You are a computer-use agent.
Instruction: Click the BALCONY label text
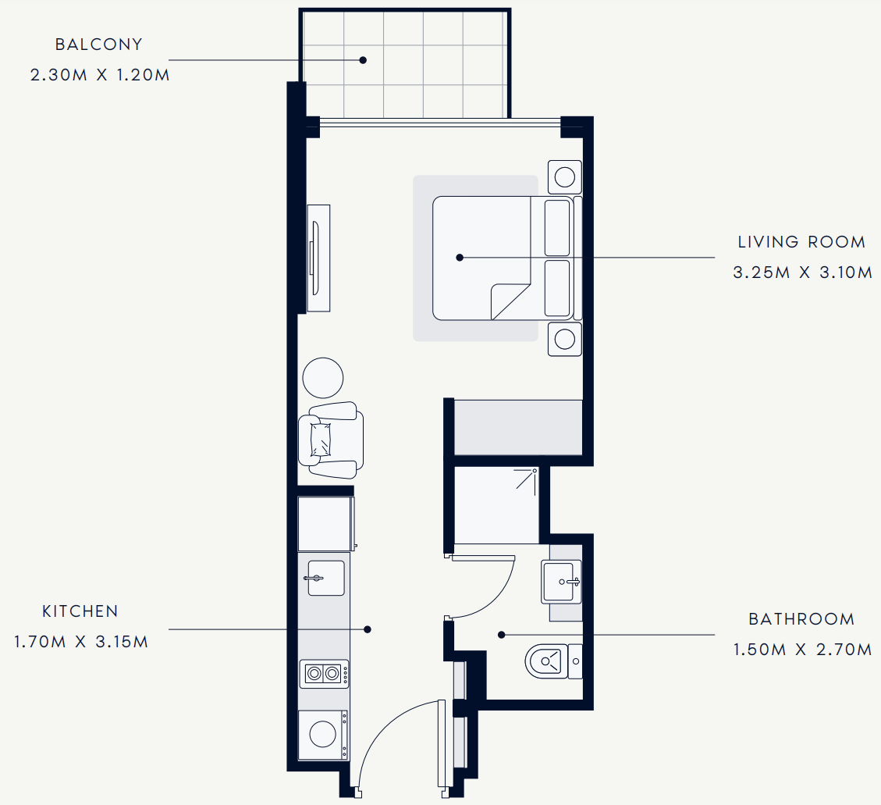pyautogui.click(x=99, y=45)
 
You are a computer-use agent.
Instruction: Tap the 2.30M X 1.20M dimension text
pyautogui.click(x=100, y=75)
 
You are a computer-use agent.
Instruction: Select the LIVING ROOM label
pyautogui.click(x=801, y=242)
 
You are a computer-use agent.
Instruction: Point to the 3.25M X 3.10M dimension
pyautogui.click(x=803, y=272)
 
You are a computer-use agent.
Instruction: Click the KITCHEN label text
pyautogui.click(x=80, y=611)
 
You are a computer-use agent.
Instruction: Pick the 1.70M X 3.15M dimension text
pyautogui.click(x=81, y=642)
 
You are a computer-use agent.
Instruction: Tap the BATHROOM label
pyautogui.click(x=801, y=619)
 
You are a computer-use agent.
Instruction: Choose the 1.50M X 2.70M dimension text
pyautogui.click(x=803, y=650)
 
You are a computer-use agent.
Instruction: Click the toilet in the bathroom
pyautogui.click(x=554, y=661)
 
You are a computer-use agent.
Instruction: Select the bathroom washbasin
pyautogui.click(x=561, y=582)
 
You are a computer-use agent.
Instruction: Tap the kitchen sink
pyautogui.click(x=325, y=578)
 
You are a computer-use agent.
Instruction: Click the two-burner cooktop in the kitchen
pyautogui.click(x=324, y=674)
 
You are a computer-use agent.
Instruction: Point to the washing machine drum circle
pyautogui.click(x=322, y=734)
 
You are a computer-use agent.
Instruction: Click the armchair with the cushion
pyautogui.click(x=331, y=440)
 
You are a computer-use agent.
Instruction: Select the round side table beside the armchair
pyautogui.click(x=323, y=378)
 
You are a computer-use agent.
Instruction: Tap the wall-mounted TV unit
pyautogui.click(x=318, y=258)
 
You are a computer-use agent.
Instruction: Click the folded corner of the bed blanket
pyautogui.click(x=510, y=302)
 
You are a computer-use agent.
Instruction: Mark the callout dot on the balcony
pyautogui.click(x=363, y=60)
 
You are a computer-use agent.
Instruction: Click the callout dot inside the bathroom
pyautogui.click(x=502, y=635)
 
